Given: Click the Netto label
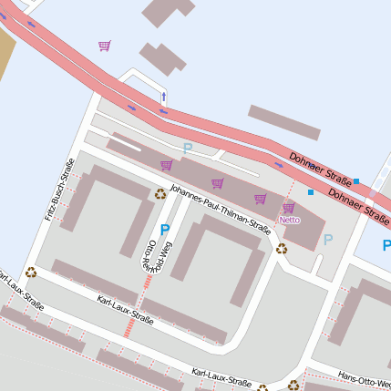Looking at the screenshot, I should [x=290, y=220].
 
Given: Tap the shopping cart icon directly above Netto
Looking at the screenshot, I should [x=289, y=208].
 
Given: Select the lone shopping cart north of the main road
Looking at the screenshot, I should [x=104, y=45].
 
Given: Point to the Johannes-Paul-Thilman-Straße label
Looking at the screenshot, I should [x=221, y=211].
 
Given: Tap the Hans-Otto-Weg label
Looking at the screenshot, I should [x=365, y=376].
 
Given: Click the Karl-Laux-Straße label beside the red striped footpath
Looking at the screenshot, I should [x=125, y=308].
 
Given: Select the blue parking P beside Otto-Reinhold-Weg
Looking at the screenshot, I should [x=164, y=230].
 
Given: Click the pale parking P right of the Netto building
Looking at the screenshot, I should [x=328, y=239].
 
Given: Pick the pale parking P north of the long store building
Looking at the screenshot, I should [x=188, y=148].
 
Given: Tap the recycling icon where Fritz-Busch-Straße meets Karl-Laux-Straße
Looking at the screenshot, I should [x=31, y=272].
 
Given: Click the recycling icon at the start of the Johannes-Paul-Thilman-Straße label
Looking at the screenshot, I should [x=160, y=192].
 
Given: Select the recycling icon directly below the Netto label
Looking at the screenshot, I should [x=282, y=248].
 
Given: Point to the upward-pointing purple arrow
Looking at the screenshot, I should [x=164, y=96].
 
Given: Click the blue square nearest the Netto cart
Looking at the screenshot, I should [x=311, y=192].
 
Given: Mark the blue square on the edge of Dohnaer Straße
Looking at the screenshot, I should [x=356, y=181].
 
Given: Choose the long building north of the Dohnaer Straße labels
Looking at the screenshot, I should [x=283, y=122].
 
